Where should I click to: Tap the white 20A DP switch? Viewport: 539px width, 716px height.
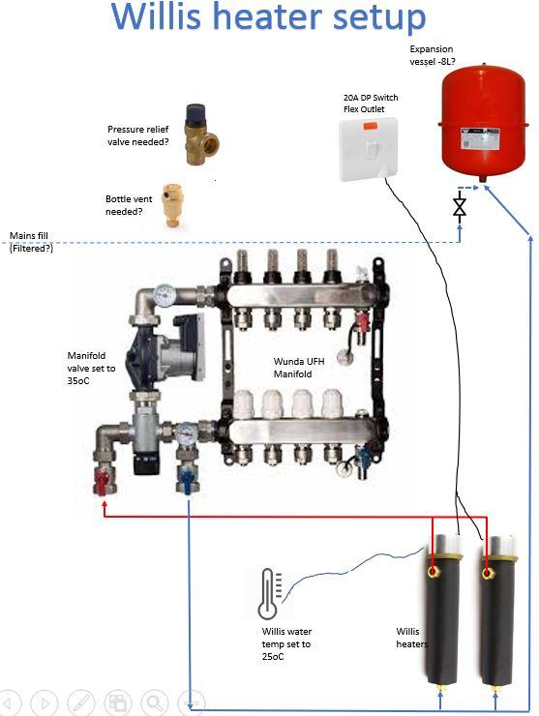pos(369,149)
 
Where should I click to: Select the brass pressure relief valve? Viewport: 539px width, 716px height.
pos(201,134)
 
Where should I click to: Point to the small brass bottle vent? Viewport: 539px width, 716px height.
pos(171,205)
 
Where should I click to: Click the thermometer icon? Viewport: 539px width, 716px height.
pos(270,594)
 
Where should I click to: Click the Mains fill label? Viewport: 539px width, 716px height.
pos(29,236)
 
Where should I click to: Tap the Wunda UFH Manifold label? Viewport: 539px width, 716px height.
pos(299,368)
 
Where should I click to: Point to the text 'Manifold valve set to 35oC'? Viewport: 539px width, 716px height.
pos(91,368)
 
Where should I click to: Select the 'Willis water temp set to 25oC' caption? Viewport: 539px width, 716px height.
pos(286,643)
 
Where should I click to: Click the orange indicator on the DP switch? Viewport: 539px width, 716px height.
pos(370,126)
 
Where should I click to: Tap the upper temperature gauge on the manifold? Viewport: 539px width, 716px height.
pos(165,295)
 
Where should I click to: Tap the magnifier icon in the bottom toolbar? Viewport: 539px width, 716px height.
pos(155,703)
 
